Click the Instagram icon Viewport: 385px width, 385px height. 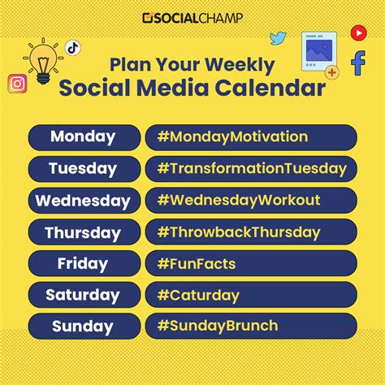17,83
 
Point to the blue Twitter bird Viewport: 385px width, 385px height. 279,37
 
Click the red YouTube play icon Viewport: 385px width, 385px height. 358,32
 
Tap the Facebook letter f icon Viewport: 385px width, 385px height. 357,63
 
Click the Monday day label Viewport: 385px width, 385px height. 84,136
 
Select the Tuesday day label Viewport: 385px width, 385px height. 84,168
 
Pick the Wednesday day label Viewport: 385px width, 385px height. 84,200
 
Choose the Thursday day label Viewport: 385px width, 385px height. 84,231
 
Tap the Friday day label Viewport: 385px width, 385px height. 84,263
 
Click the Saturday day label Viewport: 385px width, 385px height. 84,294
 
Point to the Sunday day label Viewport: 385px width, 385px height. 84,326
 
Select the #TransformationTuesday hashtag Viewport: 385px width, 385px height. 252,168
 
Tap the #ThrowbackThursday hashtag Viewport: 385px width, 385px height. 239,231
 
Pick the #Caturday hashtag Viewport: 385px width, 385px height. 198,294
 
